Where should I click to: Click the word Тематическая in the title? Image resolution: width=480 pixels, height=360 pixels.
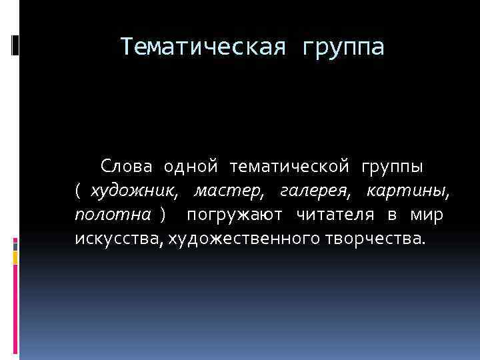coord(203,47)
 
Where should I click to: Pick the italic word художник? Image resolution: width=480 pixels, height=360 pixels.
coord(134,191)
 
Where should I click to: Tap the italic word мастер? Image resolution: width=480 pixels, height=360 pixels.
coord(229,191)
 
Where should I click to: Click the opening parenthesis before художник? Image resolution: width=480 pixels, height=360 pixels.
coord(78,191)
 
